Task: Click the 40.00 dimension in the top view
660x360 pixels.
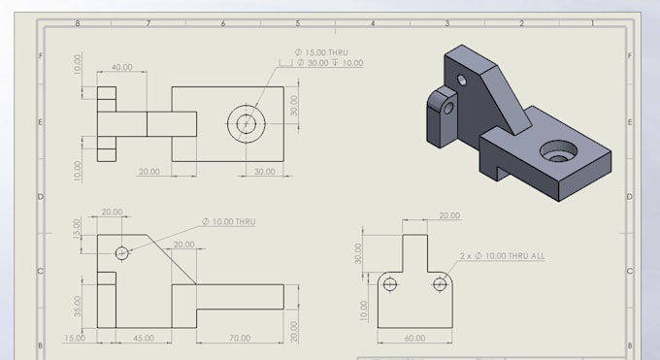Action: click(x=122, y=68)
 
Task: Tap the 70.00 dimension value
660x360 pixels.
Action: click(x=239, y=339)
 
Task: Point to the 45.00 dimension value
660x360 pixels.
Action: click(x=143, y=339)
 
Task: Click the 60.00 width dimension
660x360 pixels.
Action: click(x=414, y=339)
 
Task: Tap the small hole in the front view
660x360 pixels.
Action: click(x=122, y=253)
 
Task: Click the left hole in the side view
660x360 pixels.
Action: click(x=390, y=284)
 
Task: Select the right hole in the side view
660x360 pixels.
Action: click(x=441, y=284)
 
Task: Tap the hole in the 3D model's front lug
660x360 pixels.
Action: click(x=448, y=107)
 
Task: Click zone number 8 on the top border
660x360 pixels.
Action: click(x=78, y=22)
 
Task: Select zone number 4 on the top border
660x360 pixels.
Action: click(x=372, y=22)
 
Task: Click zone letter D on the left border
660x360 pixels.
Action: click(x=40, y=197)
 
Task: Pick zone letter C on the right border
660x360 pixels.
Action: click(x=630, y=272)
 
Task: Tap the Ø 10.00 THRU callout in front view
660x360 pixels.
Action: click(x=229, y=222)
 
